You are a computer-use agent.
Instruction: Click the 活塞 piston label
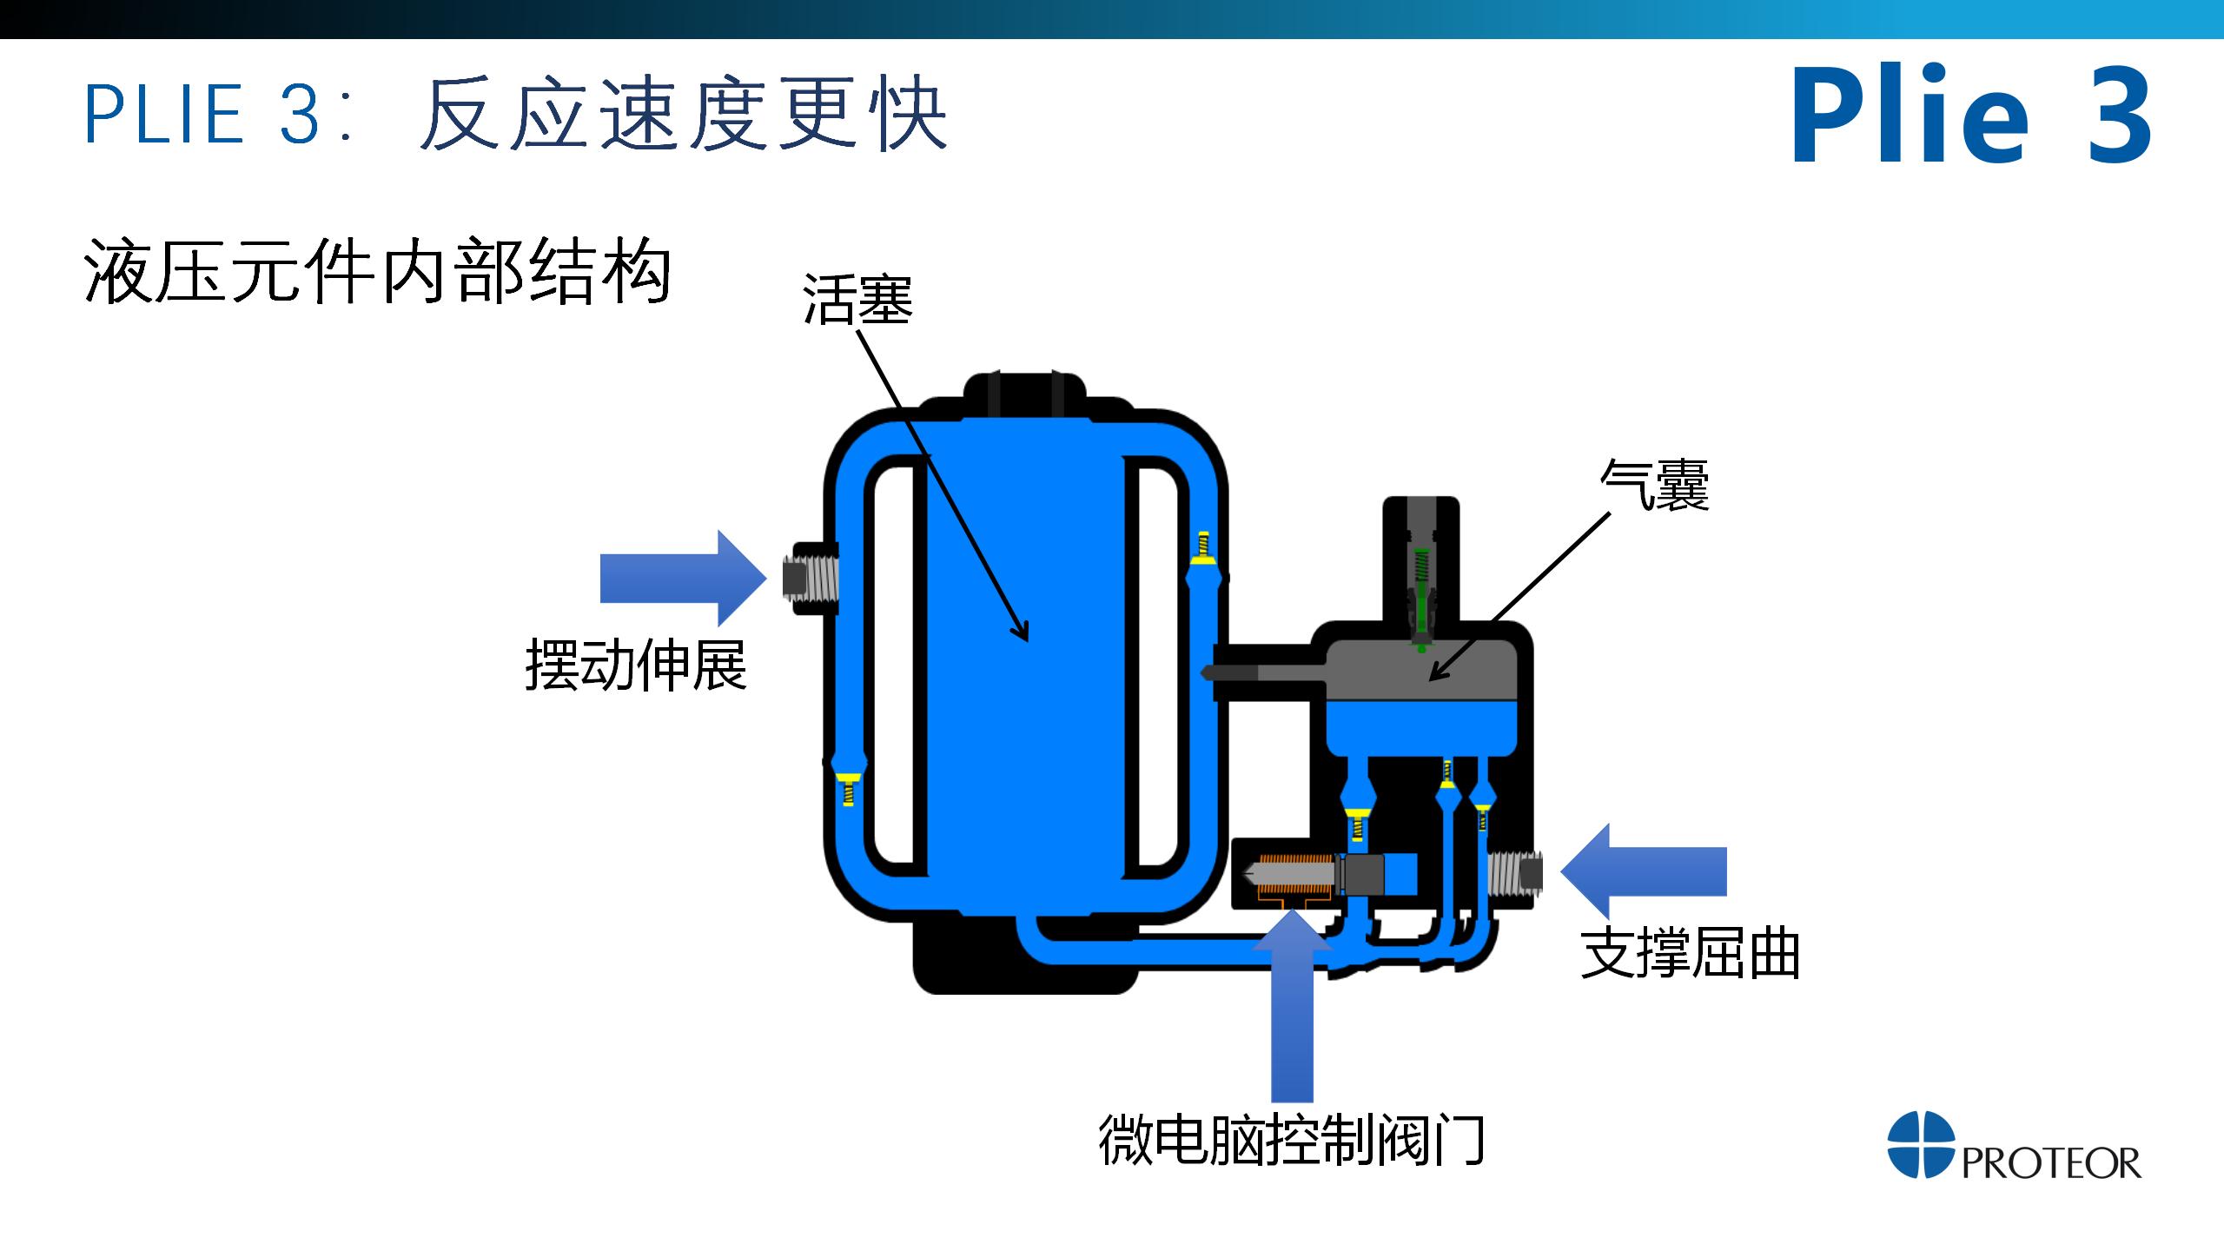(857, 300)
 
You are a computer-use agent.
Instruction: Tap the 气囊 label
(1654, 485)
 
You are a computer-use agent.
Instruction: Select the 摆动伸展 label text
(636, 666)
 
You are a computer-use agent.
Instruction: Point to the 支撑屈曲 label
(1689, 954)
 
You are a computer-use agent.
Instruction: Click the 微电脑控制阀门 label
(1292, 1140)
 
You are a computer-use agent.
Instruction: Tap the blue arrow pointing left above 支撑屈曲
(1643, 871)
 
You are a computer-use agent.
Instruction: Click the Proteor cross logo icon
(1920, 1144)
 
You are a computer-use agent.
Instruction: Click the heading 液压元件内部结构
(378, 272)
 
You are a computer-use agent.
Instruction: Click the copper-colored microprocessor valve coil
(1294, 873)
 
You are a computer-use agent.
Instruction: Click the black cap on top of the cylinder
(1025, 395)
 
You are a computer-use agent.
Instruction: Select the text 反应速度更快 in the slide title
(683, 115)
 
